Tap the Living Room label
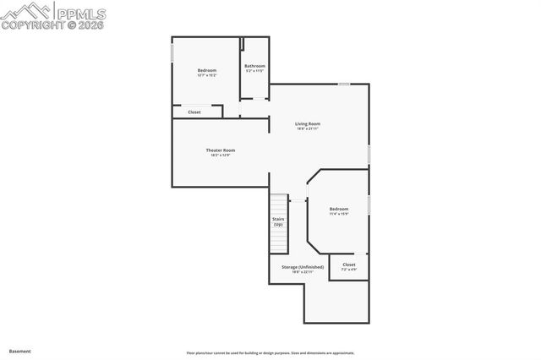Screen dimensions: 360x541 [308, 124]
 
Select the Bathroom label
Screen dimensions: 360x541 [255, 66]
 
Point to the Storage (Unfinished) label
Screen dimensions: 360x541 [303, 267]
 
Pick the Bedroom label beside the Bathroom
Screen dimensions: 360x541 [207, 70]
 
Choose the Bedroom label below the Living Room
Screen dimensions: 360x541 [339, 209]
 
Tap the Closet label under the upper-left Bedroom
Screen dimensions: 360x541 [194, 112]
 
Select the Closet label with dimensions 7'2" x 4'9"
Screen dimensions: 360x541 [349, 265]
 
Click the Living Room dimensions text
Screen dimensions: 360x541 [308, 129]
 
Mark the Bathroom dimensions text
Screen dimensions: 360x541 [255, 71]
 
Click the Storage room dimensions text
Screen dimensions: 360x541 [303, 272]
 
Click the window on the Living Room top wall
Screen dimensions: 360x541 [344, 84]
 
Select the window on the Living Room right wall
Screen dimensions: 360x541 [369, 155]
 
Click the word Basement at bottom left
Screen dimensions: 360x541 [20, 351]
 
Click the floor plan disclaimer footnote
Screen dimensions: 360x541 [270, 353]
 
